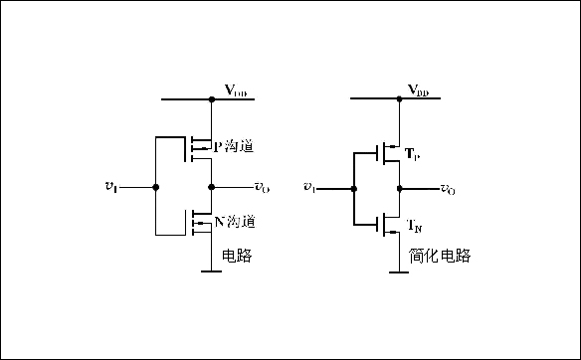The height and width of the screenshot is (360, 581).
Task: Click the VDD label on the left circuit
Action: pyautogui.click(x=236, y=91)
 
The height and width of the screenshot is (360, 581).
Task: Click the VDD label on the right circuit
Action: pyautogui.click(x=419, y=91)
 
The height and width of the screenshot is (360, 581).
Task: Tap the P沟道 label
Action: pyautogui.click(x=234, y=147)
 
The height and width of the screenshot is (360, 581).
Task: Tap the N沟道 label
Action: pyautogui.click(x=234, y=221)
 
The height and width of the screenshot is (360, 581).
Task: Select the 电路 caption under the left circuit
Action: pyautogui.click(x=236, y=256)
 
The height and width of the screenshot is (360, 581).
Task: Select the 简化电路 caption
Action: pyautogui.click(x=439, y=256)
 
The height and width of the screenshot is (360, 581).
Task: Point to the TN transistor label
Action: pyautogui.click(x=414, y=227)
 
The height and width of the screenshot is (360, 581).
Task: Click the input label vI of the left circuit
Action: pyautogui.click(x=110, y=186)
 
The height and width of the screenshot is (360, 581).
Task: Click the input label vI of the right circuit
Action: pyautogui.click(x=309, y=187)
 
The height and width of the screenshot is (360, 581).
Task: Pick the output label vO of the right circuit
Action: pyautogui.click(x=449, y=189)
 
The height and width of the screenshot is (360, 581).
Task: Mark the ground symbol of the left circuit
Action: pyautogui.click(x=211, y=270)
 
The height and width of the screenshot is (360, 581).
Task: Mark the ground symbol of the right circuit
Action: pyautogui.click(x=398, y=270)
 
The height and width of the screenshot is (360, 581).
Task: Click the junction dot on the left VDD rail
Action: pyautogui.click(x=211, y=99)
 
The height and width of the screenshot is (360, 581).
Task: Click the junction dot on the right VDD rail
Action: pyautogui.click(x=398, y=99)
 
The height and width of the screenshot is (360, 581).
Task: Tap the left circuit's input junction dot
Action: pyautogui.click(x=154, y=186)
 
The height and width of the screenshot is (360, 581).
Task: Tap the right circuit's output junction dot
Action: pyautogui.click(x=398, y=187)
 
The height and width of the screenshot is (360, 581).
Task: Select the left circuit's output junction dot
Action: pyautogui.click(x=211, y=186)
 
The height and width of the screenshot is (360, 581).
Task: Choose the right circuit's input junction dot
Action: pyautogui.click(x=352, y=187)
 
